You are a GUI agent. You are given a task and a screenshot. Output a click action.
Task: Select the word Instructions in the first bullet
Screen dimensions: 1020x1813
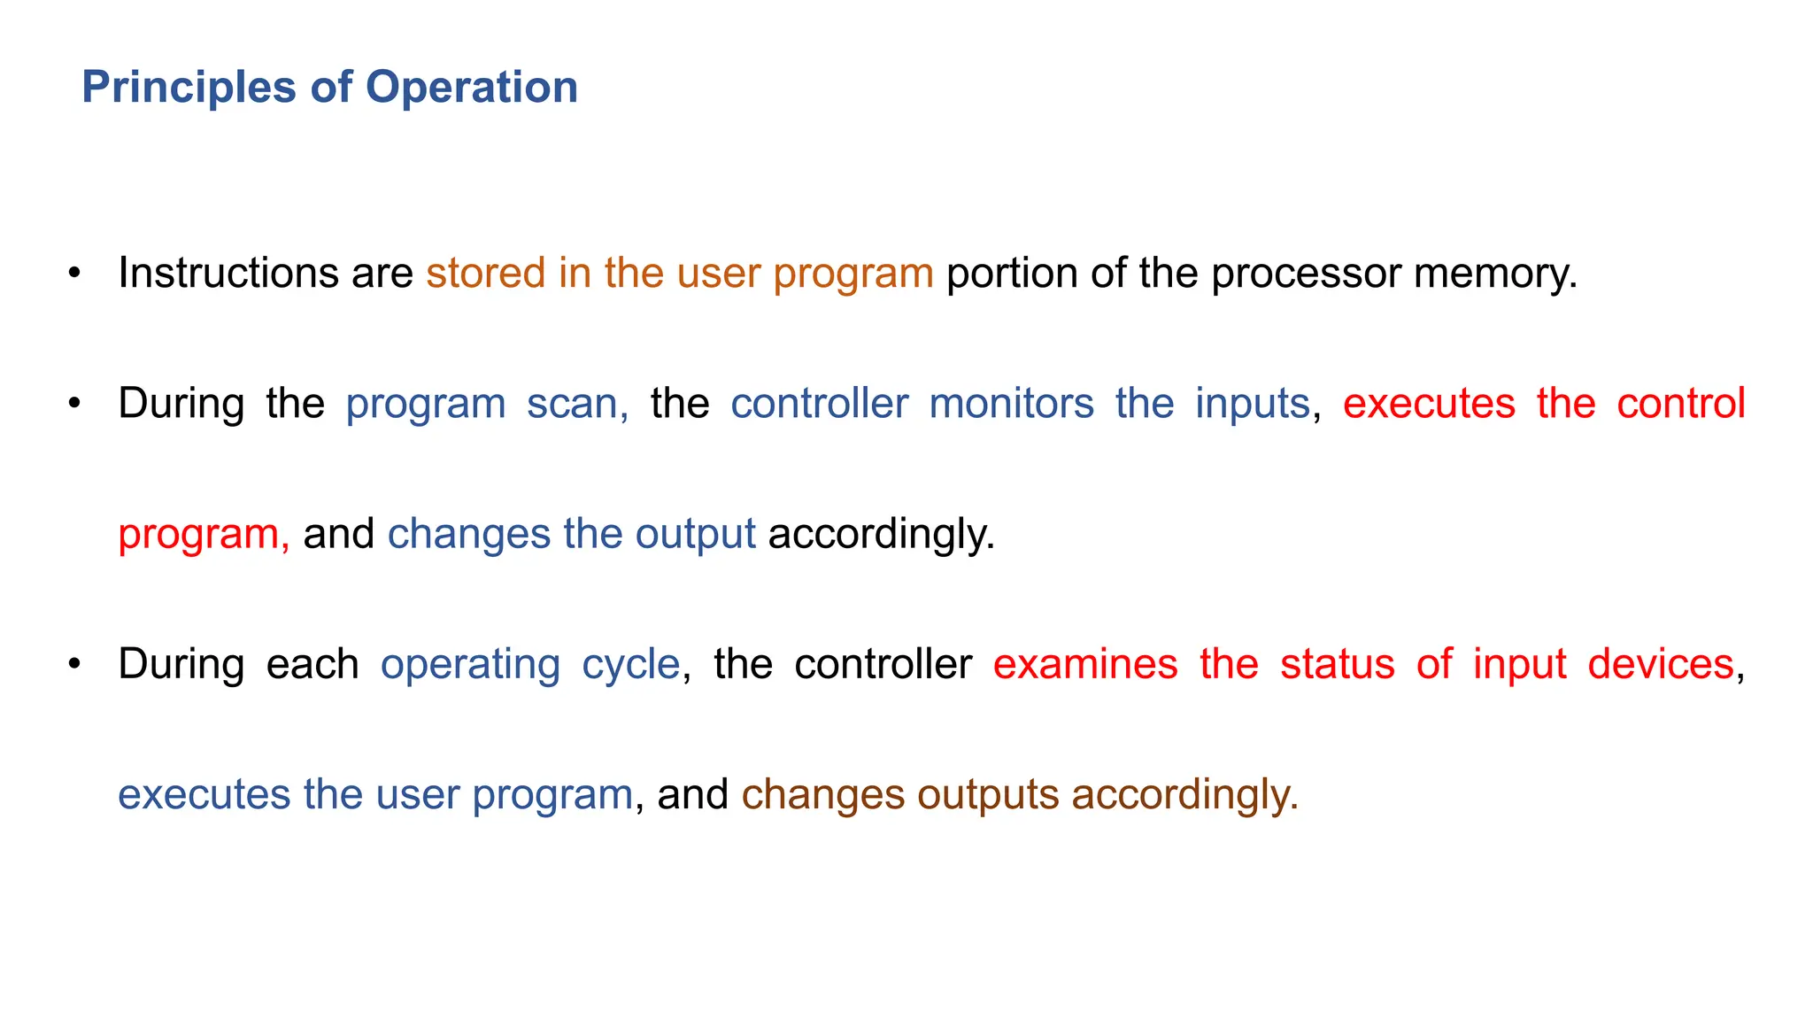[228, 273]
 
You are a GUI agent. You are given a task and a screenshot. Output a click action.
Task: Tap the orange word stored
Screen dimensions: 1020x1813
[485, 273]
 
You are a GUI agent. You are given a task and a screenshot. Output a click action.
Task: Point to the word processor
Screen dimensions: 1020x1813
[1306, 273]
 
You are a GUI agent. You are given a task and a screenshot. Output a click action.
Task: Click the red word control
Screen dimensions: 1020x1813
[1680, 404]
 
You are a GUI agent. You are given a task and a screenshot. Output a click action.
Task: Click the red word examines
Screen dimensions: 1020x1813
[1084, 664]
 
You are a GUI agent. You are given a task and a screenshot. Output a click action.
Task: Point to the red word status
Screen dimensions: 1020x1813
[1337, 664]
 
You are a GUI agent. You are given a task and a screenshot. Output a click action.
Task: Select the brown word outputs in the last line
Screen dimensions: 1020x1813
[988, 795]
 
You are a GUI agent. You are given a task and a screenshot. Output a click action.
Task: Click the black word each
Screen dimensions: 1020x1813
[312, 664]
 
